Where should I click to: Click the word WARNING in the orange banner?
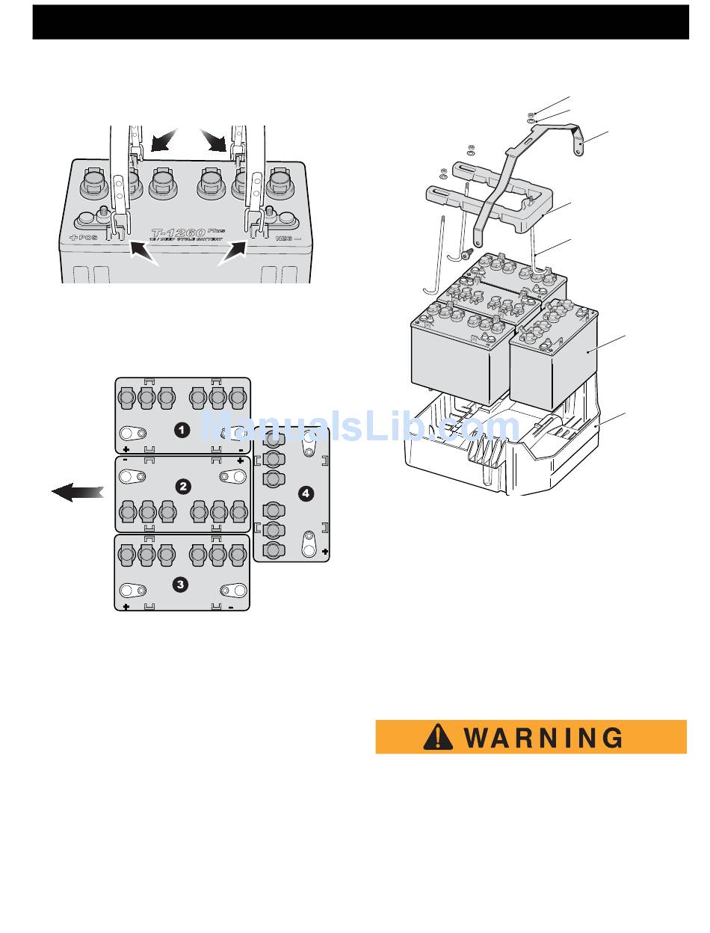[x=543, y=737]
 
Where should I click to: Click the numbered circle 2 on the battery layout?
[x=182, y=486]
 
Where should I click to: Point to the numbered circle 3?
[x=180, y=585]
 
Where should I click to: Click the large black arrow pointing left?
[x=78, y=491]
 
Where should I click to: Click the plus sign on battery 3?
[x=126, y=606]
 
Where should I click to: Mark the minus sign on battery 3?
[x=231, y=606]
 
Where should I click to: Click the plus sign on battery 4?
[x=324, y=551]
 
